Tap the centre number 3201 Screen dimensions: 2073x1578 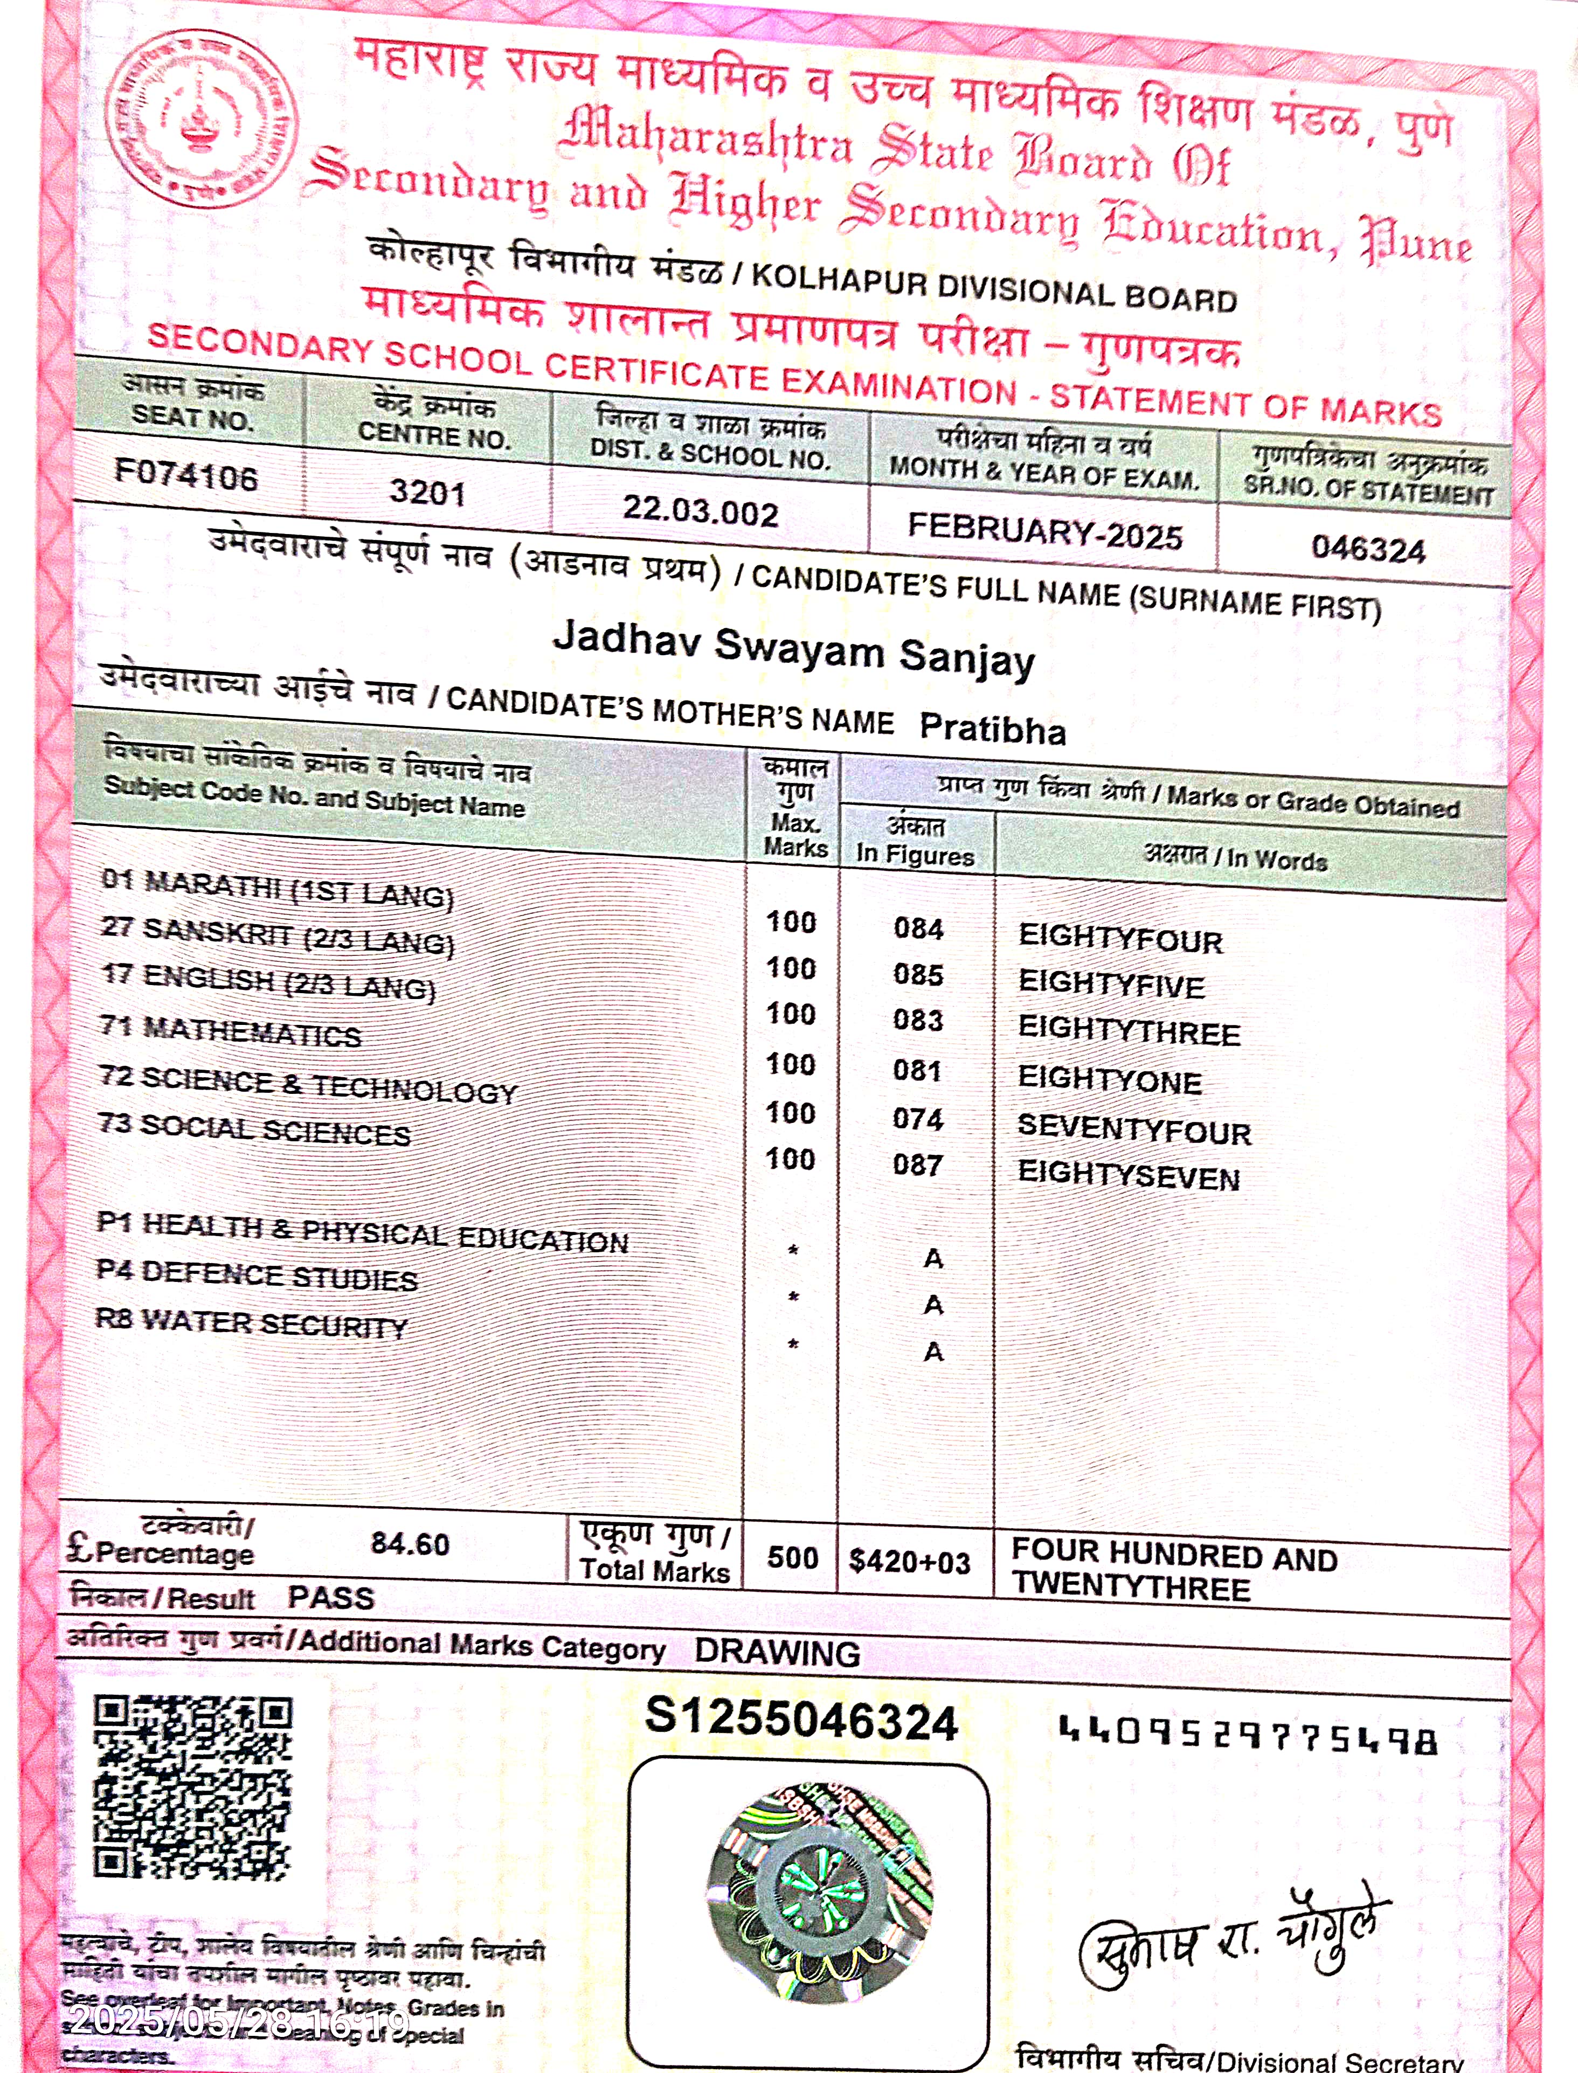pyautogui.click(x=427, y=492)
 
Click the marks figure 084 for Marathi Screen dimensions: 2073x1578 pyautogui.click(x=918, y=929)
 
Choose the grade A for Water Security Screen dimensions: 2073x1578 pyautogui.click(x=933, y=1351)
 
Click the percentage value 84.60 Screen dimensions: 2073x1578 pyautogui.click(x=410, y=1543)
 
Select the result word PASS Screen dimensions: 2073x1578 pyautogui.click(x=330, y=1598)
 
